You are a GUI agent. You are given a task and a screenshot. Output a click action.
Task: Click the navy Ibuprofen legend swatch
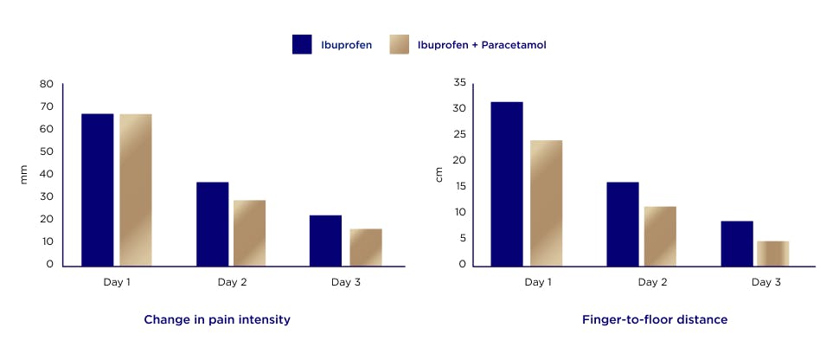tap(302, 44)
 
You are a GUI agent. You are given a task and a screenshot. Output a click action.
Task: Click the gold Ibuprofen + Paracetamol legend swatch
tap(400, 44)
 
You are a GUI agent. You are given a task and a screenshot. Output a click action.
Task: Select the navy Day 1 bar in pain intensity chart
tap(97, 189)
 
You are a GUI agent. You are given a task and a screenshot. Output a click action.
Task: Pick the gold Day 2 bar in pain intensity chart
tap(249, 232)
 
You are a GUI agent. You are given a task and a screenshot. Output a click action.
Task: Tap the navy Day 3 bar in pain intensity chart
tap(325, 240)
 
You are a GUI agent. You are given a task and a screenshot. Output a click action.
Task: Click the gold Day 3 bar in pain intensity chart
tap(366, 247)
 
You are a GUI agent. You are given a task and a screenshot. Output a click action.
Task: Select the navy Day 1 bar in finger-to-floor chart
tap(507, 183)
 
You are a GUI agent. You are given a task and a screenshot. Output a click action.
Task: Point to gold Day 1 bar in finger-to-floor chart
tap(546, 202)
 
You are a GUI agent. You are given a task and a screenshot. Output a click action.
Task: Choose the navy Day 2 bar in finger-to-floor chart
tap(623, 223)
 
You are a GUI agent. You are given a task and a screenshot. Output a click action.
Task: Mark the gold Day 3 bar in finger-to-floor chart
tap(772, 253)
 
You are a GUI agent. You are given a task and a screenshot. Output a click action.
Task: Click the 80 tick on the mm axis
tap(46, 84)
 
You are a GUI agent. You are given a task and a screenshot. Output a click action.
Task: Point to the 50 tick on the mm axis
tap(46, 151)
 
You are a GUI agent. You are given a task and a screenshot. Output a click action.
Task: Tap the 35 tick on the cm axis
tap(459, 82)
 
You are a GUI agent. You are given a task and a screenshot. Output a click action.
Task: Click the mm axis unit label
tap(23, 174)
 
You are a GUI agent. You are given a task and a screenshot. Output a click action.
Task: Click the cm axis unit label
tap(439, 174)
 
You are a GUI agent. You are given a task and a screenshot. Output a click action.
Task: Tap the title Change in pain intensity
tap(217, 320)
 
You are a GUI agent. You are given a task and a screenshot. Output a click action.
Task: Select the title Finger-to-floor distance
tap(655, 320)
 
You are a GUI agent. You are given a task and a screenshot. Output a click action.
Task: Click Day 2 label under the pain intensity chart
tap(232, 282)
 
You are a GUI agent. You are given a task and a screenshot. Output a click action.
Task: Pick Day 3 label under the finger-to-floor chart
tap(766, 282)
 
